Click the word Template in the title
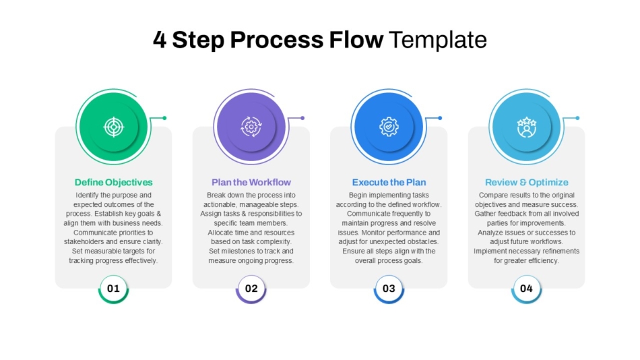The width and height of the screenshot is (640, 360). pyautogui.click(x=437, y=40)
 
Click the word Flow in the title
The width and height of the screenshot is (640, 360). pyautogui.click(x=356, y=40)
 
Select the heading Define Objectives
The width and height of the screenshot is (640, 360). pyautogui.click(x=113, y=182)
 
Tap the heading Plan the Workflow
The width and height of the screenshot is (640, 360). pyautogui.click(x=251, y=182)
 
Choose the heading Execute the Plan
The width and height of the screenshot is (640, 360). pyautogui.click(x=389, y=182)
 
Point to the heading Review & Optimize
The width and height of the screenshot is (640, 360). pyautogui.click(x=527, y=182)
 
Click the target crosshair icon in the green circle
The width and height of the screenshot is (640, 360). pyautogui.click(x=113, y=127)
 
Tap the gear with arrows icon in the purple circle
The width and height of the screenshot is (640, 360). pyautogui.click(x=251, y=127)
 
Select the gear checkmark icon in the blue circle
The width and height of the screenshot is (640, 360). pyautogui.click(x=389, y=127)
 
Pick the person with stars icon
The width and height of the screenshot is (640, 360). pyautogui.click(x=527, y=127)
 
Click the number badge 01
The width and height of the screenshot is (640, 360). pyautogui.click(x=113, y=289)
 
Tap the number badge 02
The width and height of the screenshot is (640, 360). pyautogui.click(x=251, y=289)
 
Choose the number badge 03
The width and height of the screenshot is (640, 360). pyautogui.click(x=389, y=289)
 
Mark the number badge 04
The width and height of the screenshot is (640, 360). pyautogui.click(x=527, y=289)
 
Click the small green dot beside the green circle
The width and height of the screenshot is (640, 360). pyautogui.click(x=164, y=118)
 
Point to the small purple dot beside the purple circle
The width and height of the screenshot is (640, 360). pyautogui.click(x=302, y=118)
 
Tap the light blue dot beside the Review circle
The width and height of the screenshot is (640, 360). pyautogui.click(x=577, y=118)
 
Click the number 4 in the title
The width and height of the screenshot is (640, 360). pyautogui.click(x=160, y=40)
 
